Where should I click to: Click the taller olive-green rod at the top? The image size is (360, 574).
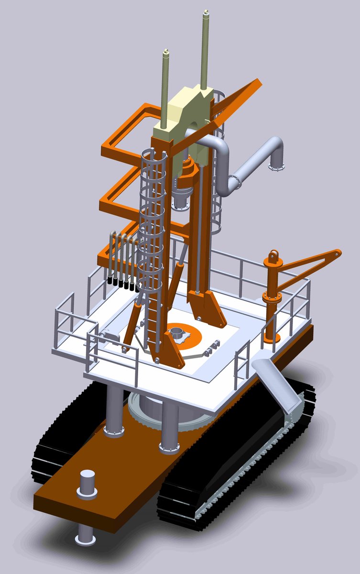click(206, 48)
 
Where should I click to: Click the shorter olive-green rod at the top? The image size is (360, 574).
click(166, 86)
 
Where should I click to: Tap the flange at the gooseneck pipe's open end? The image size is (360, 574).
click(277, 166)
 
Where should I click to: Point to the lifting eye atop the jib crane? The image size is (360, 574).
click(274, 257)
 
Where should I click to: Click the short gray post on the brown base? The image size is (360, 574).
click(88, 484)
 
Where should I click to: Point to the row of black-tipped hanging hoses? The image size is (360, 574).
click(122, 261)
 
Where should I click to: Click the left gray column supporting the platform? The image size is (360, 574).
click(115, 411)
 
